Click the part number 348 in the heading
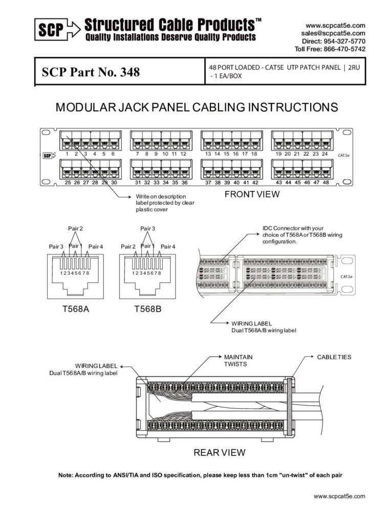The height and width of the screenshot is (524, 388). coord(130,72)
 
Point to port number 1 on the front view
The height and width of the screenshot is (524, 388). coord(68,154)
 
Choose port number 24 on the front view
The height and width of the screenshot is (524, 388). coord(325,154)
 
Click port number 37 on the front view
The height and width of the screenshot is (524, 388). coord(208,183)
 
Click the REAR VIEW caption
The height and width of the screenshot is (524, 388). coord(219,452)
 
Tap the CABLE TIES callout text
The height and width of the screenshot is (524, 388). coord(334,357)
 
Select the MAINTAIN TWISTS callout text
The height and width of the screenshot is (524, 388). coord(239,360)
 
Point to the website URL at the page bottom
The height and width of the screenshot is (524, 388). coord(339,496)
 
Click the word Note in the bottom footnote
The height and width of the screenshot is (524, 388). coord(66,475)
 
